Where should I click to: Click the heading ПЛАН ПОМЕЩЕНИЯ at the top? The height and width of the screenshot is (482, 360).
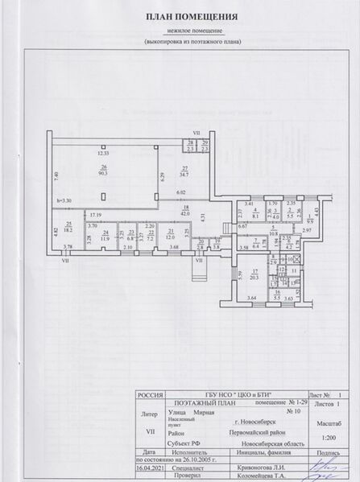pyautogui.click(x=180, y=16)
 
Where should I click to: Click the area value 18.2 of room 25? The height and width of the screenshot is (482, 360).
pyautogui.click(x=69, y=228)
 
